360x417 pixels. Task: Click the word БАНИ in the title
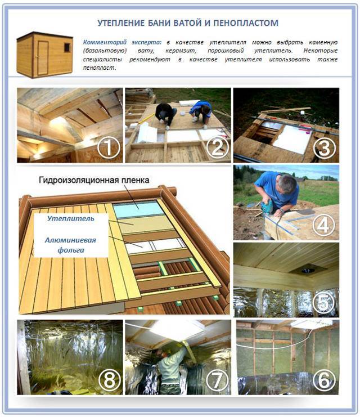[x=158, y=23]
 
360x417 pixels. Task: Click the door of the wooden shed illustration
[x=43, y=58]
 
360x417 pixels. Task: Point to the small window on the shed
[x=67, y=47]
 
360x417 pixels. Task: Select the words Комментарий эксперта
[x=122, y=42]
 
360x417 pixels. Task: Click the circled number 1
[x=108, y=147]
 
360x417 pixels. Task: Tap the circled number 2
[x=217, y=147]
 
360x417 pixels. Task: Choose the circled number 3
[x=325, y=147]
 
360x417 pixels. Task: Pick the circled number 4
[x=324, y=225]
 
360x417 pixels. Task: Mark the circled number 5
[x=324, y=302]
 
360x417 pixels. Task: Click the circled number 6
[x=324, y=380]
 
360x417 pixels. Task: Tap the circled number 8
[x=109, y=380]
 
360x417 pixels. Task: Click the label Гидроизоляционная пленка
[x=94, y=180]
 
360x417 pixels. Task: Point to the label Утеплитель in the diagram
[x=71, y=218]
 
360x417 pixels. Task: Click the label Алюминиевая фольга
[x=71, y=245]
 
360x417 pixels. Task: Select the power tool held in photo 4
[x=267, y=207]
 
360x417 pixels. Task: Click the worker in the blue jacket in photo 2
[x=201, y=111]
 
